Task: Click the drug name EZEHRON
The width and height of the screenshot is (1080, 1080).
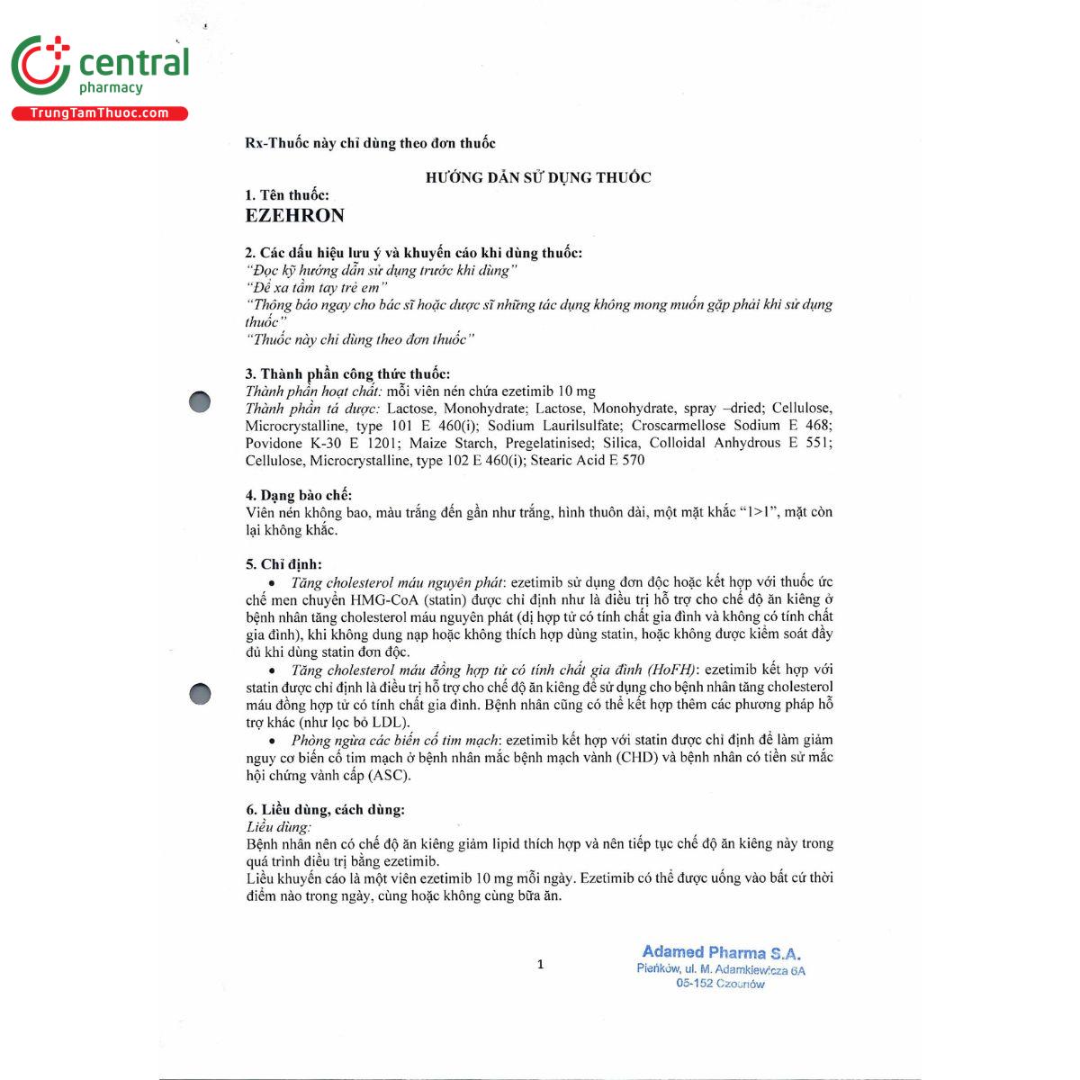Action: tap(294, 216)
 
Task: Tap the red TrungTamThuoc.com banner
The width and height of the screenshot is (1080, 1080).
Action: tap(100, 113)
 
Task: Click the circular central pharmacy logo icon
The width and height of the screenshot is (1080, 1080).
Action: tap(40, 65)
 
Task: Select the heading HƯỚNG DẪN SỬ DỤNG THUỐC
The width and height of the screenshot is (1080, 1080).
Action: tap(538, 178)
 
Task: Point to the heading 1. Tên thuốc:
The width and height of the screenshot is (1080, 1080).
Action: tap(287, 195)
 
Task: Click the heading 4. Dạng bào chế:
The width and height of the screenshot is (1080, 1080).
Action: tap(298, 495)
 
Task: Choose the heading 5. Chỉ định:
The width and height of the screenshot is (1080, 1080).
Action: tap(283, 564)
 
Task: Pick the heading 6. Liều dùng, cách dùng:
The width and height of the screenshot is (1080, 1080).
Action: tap(325, 809)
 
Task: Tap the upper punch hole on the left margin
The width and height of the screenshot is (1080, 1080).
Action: tap(200, 402)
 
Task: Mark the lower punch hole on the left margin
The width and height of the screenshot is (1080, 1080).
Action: tap(200, 694)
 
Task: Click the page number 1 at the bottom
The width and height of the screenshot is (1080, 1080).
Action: tap(540, 965)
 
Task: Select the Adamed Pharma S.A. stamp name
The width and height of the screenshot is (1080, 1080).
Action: tap(721, 952)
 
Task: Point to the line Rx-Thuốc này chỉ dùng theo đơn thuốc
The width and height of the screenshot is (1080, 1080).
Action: tap(370, 143)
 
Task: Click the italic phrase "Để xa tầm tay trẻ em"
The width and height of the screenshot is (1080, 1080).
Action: tap(316, 288)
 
